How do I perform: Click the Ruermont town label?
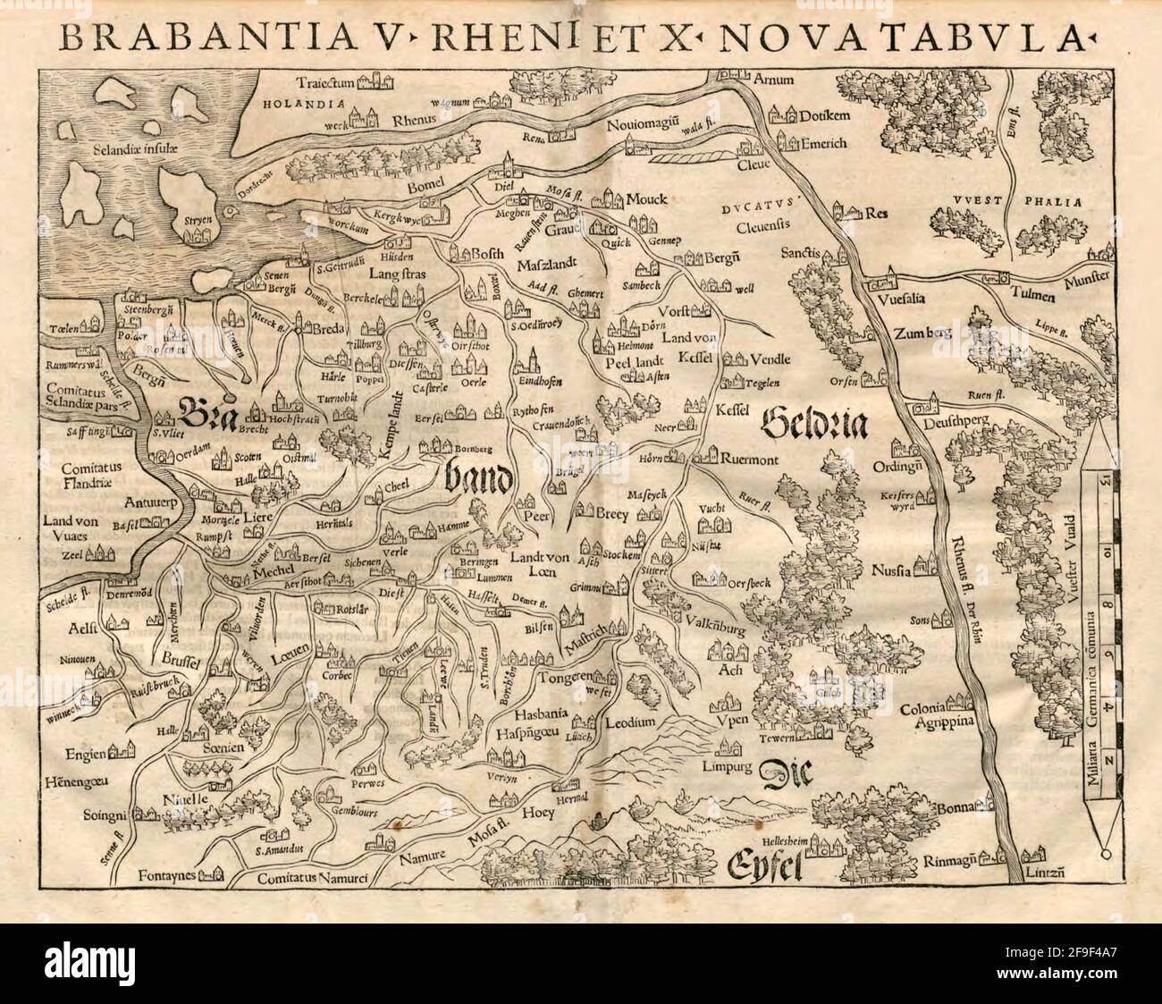749,461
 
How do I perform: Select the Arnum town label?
773,80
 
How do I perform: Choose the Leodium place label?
630,721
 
